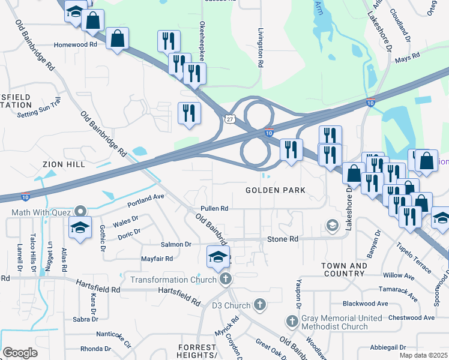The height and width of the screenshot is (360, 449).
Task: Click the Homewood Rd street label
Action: [x=75, y=44]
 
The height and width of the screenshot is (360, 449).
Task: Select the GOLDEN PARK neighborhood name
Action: [x=276, y=190]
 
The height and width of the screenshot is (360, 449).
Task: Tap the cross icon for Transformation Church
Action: [x=225, y=278]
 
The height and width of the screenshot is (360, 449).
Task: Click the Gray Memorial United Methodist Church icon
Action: [x=291, y=322]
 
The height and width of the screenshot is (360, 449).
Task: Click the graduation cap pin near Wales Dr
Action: [x=80, y=229]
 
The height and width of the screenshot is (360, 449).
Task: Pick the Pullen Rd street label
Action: [x=215, y=208]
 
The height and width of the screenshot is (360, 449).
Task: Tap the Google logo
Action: [x=20, y=352]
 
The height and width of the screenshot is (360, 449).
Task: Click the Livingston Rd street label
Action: [x=260, y=47]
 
